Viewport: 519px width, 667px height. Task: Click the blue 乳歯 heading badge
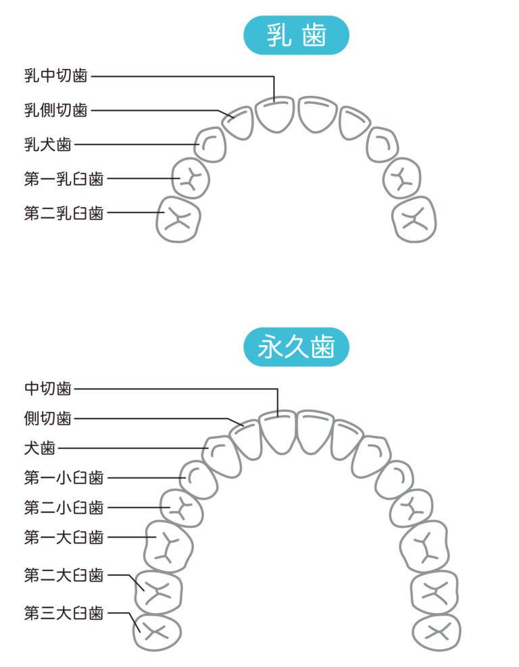(x=296, y=35)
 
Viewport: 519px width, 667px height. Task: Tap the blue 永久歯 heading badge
(x=296, y=348)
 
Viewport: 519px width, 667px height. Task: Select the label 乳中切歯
(x=55, y=76)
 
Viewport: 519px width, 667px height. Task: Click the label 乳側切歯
(x=55, y=110)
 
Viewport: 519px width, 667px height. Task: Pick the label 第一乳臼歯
(x=64, y=179)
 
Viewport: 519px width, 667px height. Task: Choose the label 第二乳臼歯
(x=64, y=213)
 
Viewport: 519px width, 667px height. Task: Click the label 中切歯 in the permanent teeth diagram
(x=47, y=388)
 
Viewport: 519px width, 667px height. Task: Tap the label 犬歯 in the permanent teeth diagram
(x=39, y=448)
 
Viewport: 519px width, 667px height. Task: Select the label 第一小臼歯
(x=64, y=478)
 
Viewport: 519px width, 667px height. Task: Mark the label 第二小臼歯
(x=64, y=507)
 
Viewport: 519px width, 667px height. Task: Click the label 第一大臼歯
(x=64, y=537)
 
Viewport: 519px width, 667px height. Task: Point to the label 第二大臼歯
(x=64, y=575)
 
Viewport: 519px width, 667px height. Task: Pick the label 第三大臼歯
(x=64, y=613)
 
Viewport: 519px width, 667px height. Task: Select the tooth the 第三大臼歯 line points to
(x=157, y=632)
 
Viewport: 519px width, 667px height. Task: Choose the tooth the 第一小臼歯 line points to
(x=199, y=479)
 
